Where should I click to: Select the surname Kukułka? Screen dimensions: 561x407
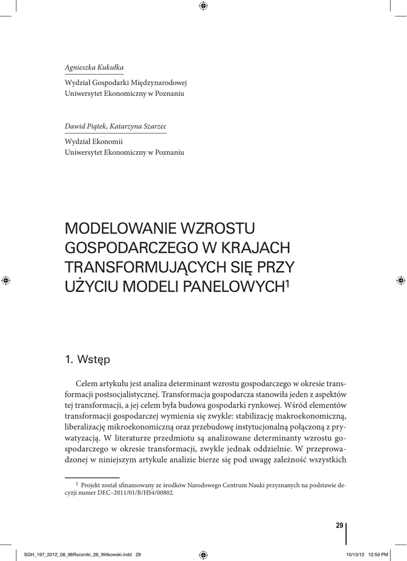tap(111, 67)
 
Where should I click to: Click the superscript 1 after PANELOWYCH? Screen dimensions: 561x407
tap(287, 283)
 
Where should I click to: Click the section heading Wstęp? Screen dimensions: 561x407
tap(94, 360)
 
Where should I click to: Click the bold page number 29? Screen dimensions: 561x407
tap(339, 525)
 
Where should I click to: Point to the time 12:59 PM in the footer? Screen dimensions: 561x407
tap(377, 554)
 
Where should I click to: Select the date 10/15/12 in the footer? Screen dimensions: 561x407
tap(354, 554)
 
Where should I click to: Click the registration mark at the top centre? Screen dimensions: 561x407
tap(203, 5)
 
